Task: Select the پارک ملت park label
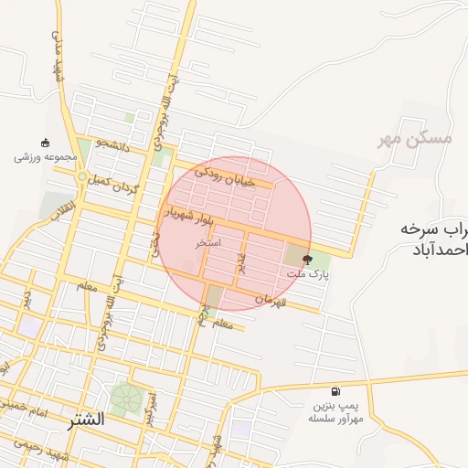(x=307, y=273)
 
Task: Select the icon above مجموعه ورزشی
(x=46, y=142)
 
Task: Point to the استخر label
(x=205, y=244)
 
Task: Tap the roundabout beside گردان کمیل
(x=81, y=176)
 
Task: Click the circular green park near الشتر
(x=126, y=399)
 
